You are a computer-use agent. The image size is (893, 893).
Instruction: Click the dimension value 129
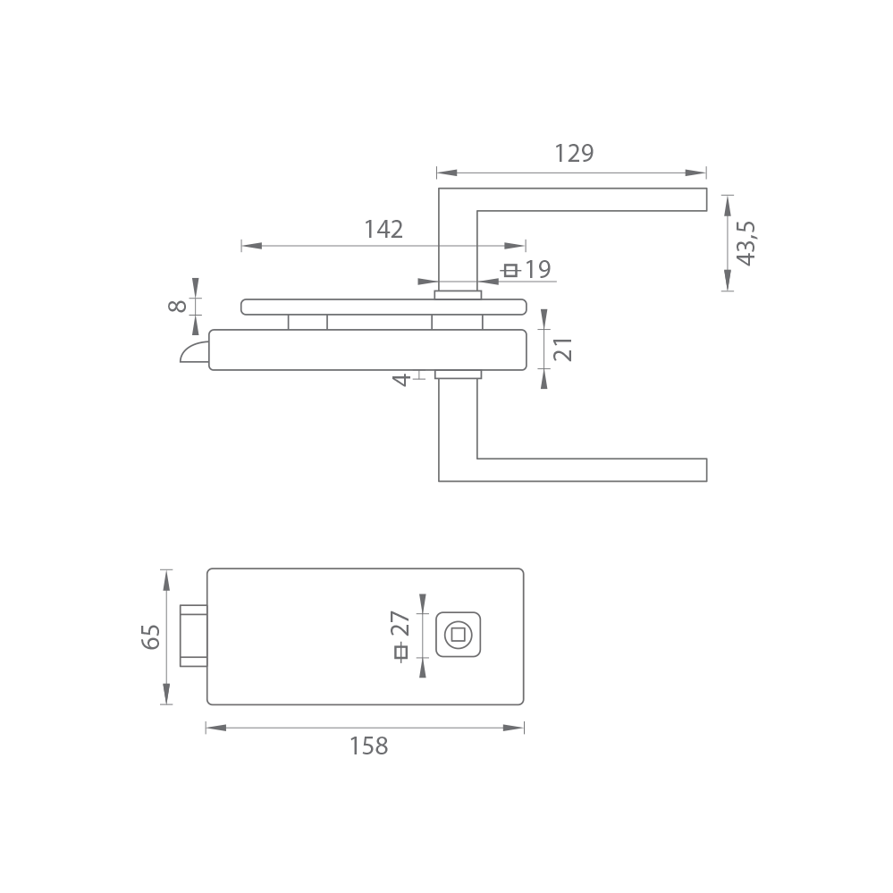click(574, 153)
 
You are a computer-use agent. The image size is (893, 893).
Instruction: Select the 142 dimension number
click(383, 230)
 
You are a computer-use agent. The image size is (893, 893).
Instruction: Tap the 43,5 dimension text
click(746, 243)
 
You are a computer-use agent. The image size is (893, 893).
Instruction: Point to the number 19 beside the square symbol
click(537, 269)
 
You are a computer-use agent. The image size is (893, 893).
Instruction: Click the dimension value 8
click(178, 306)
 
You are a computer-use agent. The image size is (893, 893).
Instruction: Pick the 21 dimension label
click(562, 350)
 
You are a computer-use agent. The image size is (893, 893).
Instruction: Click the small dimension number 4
click(402, 379)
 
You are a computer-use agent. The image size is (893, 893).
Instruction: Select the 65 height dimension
click(151, 636)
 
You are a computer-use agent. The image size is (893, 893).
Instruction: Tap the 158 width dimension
click(368, 746)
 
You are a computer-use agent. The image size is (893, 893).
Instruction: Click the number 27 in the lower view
click(400, 624)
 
